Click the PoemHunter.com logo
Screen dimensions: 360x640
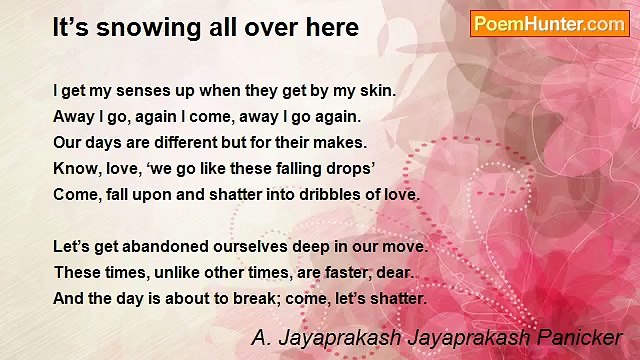click(549, 24)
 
